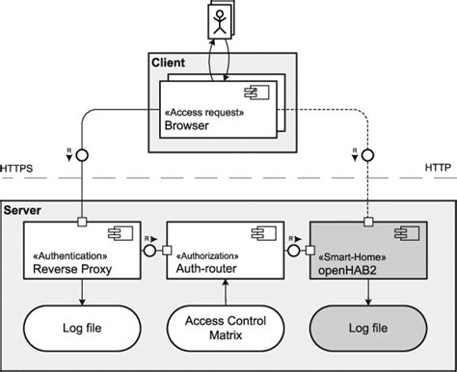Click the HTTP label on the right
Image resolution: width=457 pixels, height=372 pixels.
(x=437, y=169)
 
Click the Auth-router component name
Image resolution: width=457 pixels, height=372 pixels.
(x=204, y=269)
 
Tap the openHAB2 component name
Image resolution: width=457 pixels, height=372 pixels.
(x=344, y=269)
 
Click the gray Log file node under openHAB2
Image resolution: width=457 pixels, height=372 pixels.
(x=368, y=328)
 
